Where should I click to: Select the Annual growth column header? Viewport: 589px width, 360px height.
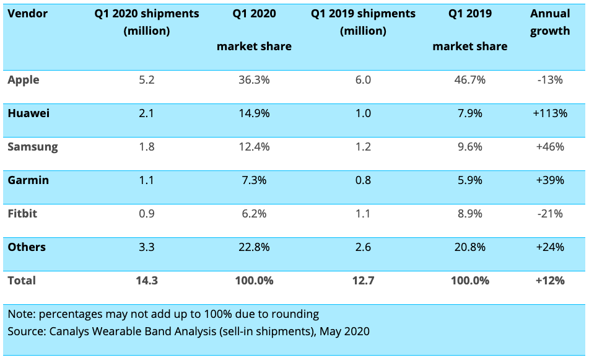coord(550,22)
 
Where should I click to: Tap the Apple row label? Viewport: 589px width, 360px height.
coord(24,80)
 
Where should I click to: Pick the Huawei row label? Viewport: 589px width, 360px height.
coord(28,113)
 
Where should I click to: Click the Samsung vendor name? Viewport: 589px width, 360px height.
coord(33,147)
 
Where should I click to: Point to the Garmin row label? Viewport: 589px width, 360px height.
coord(28,180)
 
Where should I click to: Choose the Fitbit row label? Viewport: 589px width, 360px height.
coord(22,214)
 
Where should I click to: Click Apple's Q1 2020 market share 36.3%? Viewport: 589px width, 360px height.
coord(253,80)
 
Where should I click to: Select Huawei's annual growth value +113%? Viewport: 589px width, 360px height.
coord(550,113)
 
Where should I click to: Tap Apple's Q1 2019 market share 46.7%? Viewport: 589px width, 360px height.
coord(469,80)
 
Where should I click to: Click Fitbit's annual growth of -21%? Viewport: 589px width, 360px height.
coord(550,214)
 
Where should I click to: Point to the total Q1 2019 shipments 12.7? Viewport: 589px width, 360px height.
coord(364,281)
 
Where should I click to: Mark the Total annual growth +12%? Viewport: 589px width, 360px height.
coord(550,281)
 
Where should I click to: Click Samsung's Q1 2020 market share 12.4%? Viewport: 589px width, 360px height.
coord(253,147)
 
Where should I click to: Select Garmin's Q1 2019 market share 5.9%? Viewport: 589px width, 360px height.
coord(469,180)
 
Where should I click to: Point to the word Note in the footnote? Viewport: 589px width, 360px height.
coord(20,314)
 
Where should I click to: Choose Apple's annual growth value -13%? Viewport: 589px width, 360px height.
coord(550,80)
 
